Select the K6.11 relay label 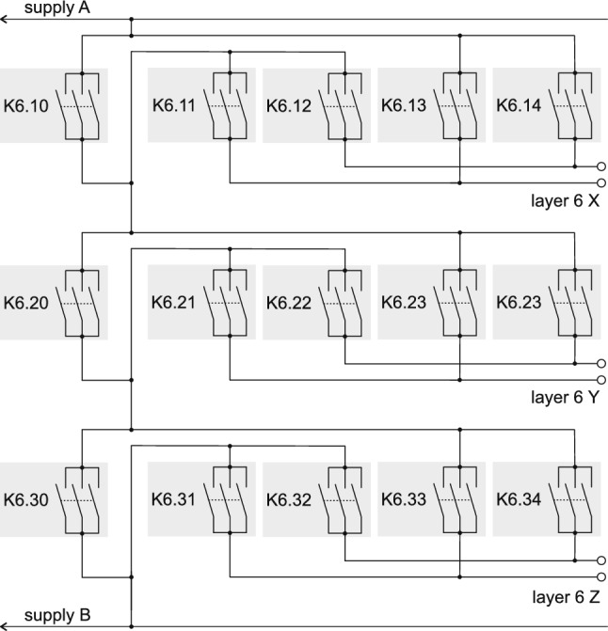pos(172,105)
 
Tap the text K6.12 pos(288,105)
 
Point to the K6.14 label pos(519,105)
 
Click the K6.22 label pos(288,303)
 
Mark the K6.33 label pos(404,500)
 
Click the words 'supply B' pos(57,616)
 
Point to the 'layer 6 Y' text pos(564,397)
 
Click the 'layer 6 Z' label pos(564,596)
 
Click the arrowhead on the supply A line pos(6,20)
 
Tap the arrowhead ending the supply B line pos(6,624)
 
